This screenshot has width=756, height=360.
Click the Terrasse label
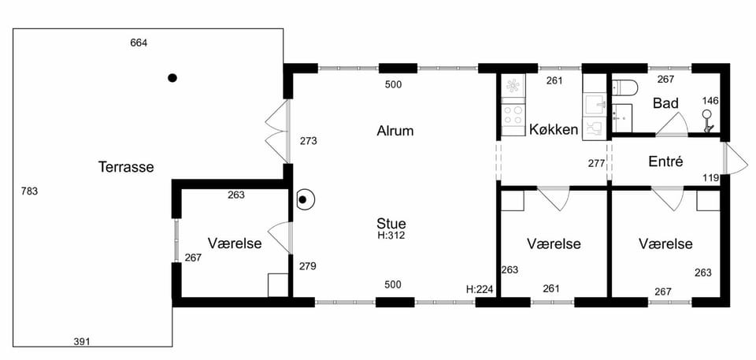point(126,167)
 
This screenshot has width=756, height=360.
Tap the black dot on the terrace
point(172,78)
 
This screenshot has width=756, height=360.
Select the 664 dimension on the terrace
point(139,43)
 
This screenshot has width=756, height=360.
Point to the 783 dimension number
point(29,191)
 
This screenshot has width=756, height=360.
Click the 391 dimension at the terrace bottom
point(82,342)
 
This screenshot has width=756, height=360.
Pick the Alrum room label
point(395,131)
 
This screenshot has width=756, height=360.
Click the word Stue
point(391,224)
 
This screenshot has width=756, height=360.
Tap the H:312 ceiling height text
point(391,236)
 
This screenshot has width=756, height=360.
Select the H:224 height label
point(480,289)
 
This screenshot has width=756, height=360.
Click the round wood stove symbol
point(305,199)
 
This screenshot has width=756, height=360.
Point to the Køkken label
point(554,129)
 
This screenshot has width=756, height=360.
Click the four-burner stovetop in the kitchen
point(513,116)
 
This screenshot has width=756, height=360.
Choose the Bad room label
point(666,102)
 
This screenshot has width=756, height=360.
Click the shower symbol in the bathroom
point(707,121)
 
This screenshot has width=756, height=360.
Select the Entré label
point(665,161)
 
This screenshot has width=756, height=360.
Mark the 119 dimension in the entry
point(711,178)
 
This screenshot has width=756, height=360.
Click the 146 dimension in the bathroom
point(710,101)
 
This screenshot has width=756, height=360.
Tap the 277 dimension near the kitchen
point(596,163)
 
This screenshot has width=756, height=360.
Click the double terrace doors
point(276,131)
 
